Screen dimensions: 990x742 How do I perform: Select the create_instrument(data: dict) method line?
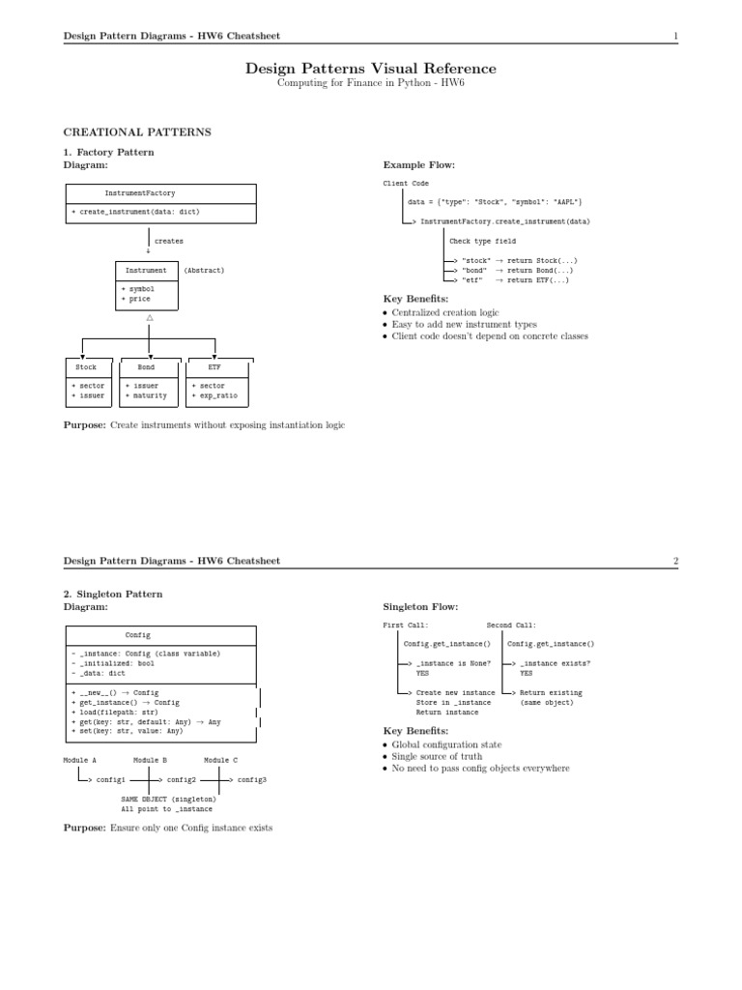[136, 211]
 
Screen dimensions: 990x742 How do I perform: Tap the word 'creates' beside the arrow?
[169, 241]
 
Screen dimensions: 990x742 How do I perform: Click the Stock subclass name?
[86, 367]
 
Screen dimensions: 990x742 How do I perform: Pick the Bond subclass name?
[146, 367]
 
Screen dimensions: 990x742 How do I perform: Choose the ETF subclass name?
[214, 367]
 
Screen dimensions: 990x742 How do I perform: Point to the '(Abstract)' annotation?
[204, 271]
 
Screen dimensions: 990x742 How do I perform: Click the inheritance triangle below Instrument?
[149, 318]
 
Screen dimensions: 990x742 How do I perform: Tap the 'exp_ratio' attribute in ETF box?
[217, 395]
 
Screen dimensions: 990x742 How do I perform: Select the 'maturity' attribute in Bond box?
[150, 395]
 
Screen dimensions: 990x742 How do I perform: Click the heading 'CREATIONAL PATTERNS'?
[137, 131]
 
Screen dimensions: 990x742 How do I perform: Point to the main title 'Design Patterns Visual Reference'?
[371, 70]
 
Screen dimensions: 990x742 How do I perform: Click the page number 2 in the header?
[676, 561]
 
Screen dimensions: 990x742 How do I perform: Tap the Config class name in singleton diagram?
[138, 635]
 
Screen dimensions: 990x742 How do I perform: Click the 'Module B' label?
[150, 761]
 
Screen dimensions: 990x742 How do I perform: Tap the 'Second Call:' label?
[511, 626]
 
